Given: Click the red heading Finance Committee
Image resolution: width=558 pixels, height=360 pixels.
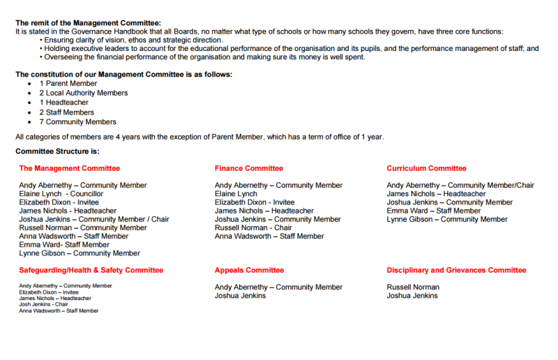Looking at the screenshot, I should (249, 168).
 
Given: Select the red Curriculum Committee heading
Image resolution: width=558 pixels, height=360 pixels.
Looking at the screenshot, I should (427, 168).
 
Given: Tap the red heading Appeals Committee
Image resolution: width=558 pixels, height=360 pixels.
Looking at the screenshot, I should (250, 270).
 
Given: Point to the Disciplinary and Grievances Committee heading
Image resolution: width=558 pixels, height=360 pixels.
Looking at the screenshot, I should (457, 270).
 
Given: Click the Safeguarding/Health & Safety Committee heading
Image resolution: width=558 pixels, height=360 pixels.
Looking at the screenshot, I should (91, 270).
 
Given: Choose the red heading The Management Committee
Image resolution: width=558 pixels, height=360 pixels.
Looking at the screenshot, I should (69, 168).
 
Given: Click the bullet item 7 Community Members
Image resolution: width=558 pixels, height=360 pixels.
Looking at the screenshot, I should (77, 122).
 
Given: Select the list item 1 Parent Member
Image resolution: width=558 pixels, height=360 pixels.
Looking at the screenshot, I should (68, 83).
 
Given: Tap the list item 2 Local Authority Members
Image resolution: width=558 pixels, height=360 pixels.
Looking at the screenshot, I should (83, 93).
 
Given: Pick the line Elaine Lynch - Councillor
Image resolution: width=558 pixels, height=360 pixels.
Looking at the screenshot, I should (61, 194).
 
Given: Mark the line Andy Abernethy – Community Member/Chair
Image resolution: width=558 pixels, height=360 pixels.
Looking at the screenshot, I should (460, 186).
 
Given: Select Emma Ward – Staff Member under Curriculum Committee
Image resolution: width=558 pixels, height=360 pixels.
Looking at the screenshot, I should (434, 211).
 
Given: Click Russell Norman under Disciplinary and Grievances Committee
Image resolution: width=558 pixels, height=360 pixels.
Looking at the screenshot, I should (413, 287).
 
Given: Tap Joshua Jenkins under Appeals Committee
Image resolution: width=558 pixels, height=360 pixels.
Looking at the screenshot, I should (240, 296).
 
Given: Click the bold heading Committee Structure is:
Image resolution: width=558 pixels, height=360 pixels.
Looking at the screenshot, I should (57, 151).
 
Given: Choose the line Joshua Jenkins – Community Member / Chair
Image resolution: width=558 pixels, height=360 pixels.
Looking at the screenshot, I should (94, 219).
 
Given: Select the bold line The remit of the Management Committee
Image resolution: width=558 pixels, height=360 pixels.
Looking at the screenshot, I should (88, 23).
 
